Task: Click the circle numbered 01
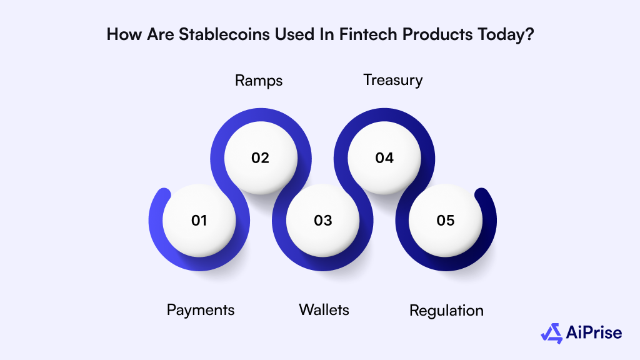pyautogui.click(x=199, y=220)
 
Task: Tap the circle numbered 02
pyautogui.click(x=260, y=158)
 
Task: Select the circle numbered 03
pyautogui.click(x=322, y=220)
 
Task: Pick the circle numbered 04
pyautogui.click(x=384, y=158)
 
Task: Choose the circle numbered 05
pyautogui.click(x=446, y=220)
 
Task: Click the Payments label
pyautogui.click(x=201, y=309)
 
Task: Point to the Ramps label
pyautogui.click(x=259, y=81)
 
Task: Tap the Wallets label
pyautogui.click(x=324, y=309)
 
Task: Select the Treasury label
pyautogui.click(x=393, y=81)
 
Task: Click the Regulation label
pyautogui.click(x=446, y=310)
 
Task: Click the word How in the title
pyautogui.click(x=122, y=34)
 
